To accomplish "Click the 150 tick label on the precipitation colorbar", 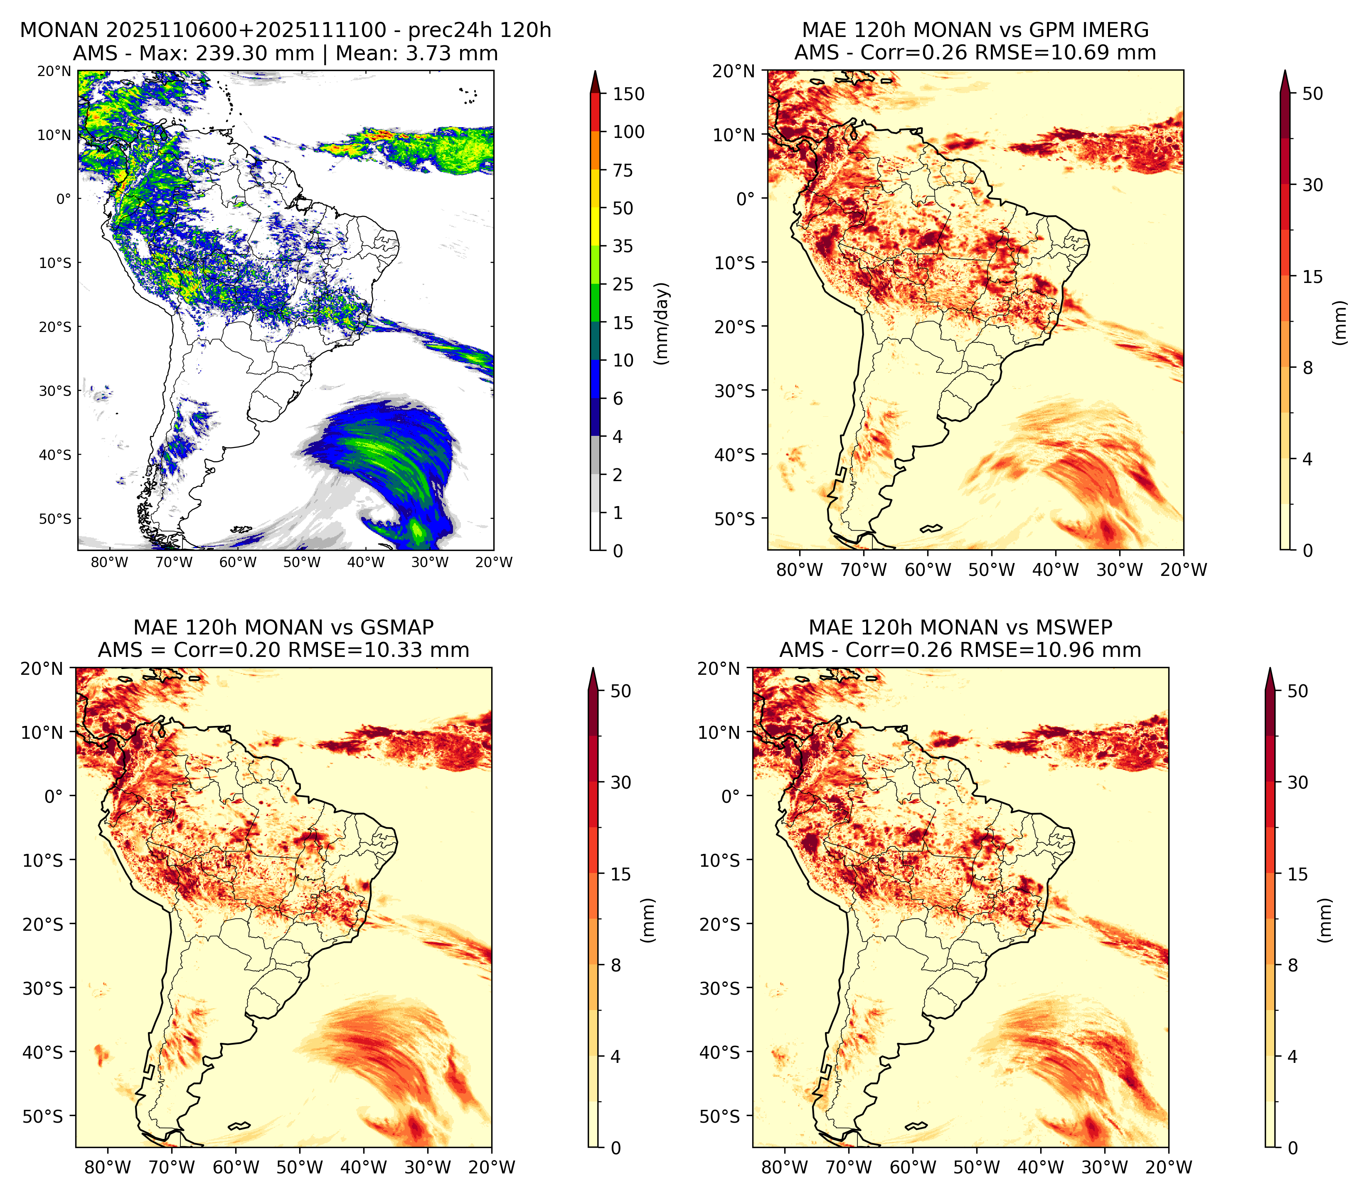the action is click(x=629, y=94).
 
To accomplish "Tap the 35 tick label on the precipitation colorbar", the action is click(x=623, y=246).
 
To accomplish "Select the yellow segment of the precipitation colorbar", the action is click(x=596, y=227).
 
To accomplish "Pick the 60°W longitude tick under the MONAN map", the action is click(x=238, y=562).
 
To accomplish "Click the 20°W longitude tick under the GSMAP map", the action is click(x=492, y=1167).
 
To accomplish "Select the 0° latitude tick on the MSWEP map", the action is click(x=731, y=796).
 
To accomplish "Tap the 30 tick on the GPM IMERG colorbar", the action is click(x=1312, y=185).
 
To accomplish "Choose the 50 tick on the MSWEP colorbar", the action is click(x=1298, y=691).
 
